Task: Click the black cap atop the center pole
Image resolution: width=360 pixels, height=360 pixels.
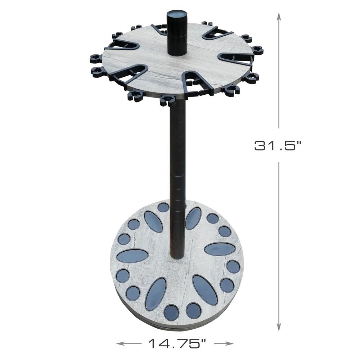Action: tap(175, 33)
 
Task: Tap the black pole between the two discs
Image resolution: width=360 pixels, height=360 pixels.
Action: tap(177, 151)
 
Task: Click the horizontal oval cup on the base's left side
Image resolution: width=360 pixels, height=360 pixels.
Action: tap(132, 256)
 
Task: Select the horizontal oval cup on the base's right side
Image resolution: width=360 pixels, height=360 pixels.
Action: tap(220, 249)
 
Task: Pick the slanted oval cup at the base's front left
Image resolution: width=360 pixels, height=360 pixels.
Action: tap(156, 294)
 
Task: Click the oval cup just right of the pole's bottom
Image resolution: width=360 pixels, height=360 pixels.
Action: tap(193, 218)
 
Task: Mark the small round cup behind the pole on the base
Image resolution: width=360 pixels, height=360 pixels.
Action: tap(163, 207)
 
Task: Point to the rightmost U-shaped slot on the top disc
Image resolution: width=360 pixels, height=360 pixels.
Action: tap(236, 58)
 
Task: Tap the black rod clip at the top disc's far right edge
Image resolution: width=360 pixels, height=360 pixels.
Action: tap(257, 50)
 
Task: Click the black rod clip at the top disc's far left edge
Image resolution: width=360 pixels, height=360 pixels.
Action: tap(96, 58)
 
